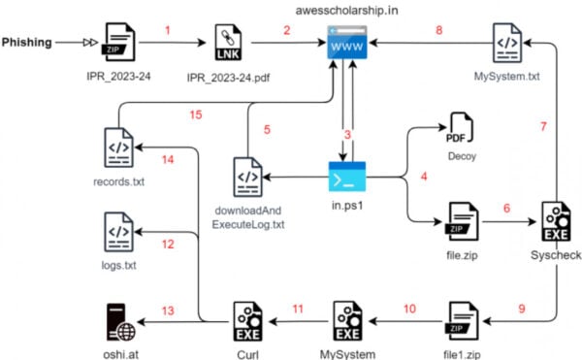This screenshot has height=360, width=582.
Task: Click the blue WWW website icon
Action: pyautogui.click(x=346, y=45)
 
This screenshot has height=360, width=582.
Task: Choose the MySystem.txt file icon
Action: pyautogui.click(x=505, y=44)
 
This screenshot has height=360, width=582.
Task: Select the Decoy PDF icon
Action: pyautogui.click(x=461, y=129)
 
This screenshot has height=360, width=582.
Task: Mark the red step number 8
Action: pyautogui.click(x=437, y=31)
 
